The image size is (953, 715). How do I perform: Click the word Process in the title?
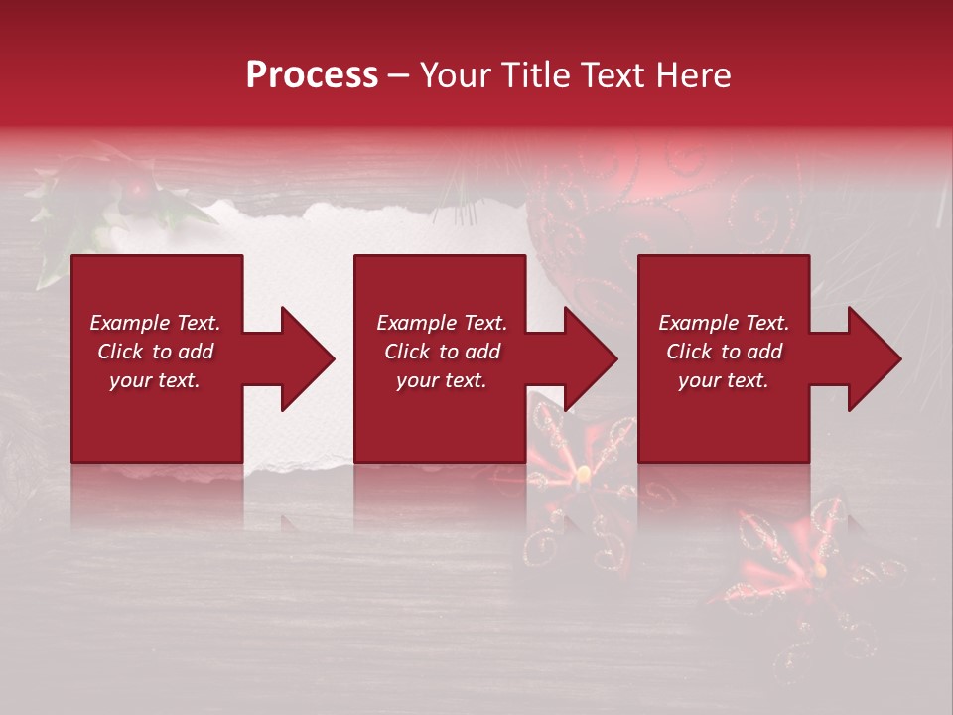tap(312, 75)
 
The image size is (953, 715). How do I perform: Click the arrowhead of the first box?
tap(303, 358)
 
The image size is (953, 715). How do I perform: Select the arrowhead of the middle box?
tap(586, 358)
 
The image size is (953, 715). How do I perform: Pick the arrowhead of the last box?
tap(870, 358)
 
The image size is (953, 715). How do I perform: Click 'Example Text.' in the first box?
tap(155, 323)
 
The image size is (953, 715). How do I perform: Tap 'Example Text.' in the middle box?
tap(442, 323)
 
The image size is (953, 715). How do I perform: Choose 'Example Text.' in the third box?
tap(724, 323)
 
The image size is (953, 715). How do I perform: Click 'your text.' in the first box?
tap(155, 380)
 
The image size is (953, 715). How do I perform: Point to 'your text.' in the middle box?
tap(442, 380)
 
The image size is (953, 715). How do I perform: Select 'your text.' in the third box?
tap(724, 380)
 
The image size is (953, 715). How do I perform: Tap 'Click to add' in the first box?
tap(155, 352)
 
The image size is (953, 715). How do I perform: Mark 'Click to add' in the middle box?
tap(442, 352)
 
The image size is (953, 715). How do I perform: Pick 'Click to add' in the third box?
tap(724, 352)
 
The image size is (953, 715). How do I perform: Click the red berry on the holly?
tap(140, 188)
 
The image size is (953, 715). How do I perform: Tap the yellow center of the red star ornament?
tap(584, 470)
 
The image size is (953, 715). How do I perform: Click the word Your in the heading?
tap(453, 75)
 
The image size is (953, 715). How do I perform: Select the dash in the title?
tap(399, 76)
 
